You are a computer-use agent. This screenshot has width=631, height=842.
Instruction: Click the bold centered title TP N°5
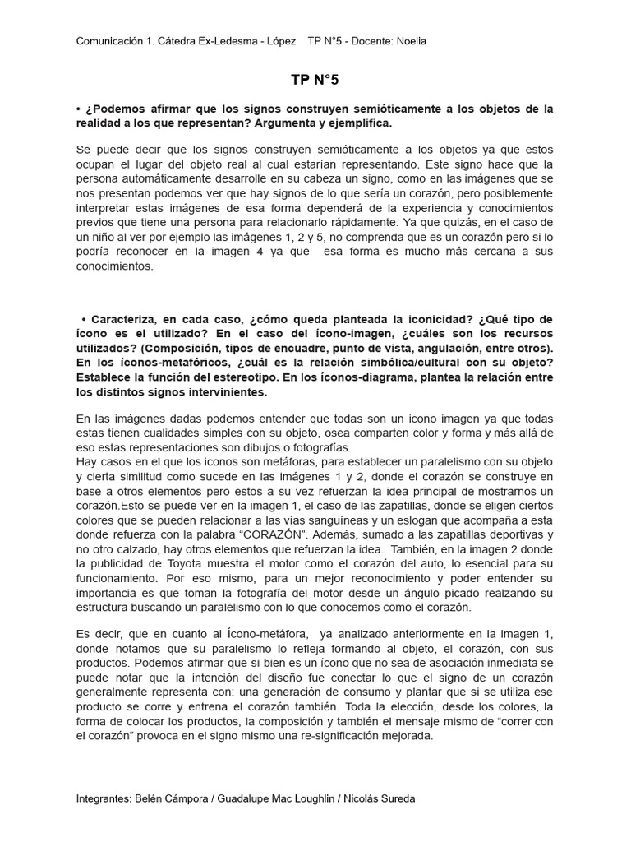[315, 80]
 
